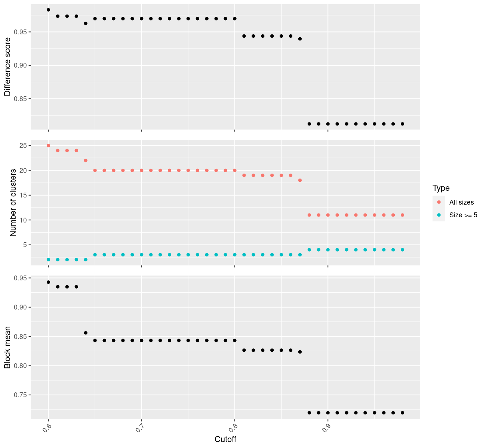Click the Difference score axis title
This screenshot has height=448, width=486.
point(7,66)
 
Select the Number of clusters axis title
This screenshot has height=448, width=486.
point(13,203)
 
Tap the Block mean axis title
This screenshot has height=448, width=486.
point(7,347)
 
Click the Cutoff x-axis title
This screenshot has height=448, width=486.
point(225,439)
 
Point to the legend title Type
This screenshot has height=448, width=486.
point(441,188)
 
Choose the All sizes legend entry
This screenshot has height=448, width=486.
point(461,202)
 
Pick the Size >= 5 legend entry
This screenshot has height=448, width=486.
point(463,215)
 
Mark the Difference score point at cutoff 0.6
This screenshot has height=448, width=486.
point(48,10)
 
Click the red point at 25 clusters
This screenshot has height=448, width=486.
point(48,146)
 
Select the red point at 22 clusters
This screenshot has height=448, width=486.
point(86,161)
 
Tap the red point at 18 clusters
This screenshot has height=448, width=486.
point(300,180)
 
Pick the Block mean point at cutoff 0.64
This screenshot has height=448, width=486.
point(86,333)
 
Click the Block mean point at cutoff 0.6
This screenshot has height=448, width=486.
point(48,282)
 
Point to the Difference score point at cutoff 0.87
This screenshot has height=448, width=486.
point(300,39)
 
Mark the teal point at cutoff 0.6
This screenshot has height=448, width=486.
point(48,259)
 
